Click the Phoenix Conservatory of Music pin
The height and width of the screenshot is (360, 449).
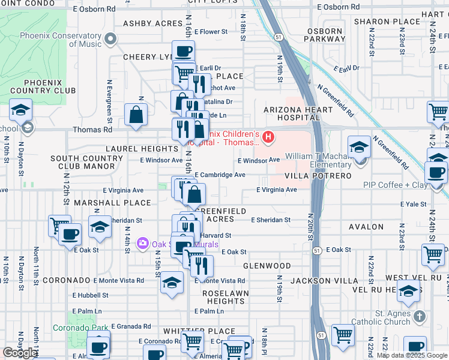(x=110, y=40)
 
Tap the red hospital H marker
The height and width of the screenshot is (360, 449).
(x=269, y=137)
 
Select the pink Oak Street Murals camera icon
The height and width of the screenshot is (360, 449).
(x=143, y=244)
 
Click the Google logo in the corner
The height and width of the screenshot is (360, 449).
(x=20, y=353)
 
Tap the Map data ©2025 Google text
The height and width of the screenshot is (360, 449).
(x=412, y=355)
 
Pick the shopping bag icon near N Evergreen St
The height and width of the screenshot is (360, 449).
(x=136, y=114)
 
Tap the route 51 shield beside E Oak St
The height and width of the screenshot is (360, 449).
(x=317, y=250)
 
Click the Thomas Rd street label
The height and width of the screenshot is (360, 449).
(x=92, y=130)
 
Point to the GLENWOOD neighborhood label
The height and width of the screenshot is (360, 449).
(x=267, y=265)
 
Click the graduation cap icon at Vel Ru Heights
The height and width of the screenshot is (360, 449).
(x=408, y=292)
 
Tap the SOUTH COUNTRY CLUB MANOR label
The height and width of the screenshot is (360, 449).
(x=86, y=163)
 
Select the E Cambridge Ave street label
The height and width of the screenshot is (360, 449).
(x=219, y=175)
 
